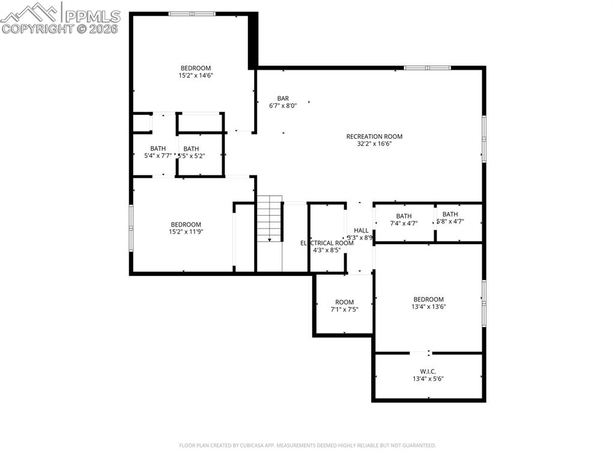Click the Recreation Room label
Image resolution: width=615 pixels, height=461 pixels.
coord(374,136)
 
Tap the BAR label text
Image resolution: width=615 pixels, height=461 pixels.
coord(283,99)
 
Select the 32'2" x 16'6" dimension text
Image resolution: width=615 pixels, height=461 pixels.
coord(374,144)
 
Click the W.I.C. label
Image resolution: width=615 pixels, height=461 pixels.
coord(428,371)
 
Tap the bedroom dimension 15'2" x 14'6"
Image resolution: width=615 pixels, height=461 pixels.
coord(196,76)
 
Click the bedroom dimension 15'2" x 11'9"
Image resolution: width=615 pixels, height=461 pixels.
coord(186,232)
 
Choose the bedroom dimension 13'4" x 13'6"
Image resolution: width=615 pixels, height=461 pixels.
coord(428,307)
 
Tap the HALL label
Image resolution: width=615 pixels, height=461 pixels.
coord(361,230)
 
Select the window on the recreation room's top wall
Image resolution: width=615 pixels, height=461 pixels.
coord(427,68)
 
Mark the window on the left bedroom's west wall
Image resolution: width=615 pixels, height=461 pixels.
coord(131,228)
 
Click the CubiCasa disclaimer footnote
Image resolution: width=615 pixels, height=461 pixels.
coord(307,445)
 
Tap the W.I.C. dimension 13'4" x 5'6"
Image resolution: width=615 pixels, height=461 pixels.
coord(428,379)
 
